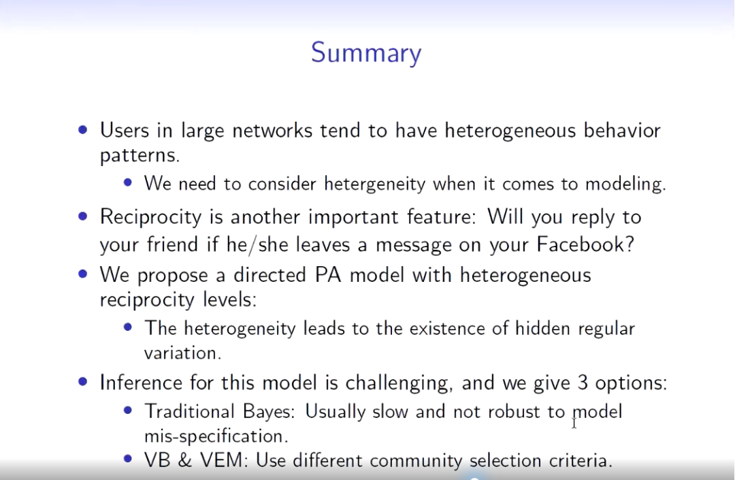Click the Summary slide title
click(x=366, y=53)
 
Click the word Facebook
click(x=585, y=244)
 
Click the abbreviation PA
click(x=327, y=274)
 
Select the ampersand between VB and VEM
click(x=185, y=460)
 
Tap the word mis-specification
click(x=216, y=436)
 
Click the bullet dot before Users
click(x=83, y=130)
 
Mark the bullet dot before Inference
click(x=83, y=381)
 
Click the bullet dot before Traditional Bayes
click(x=127, y=411)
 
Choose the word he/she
click(x=257, y=244)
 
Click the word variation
click(x=183, y=353)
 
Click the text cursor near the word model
click(x=574, y=423)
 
